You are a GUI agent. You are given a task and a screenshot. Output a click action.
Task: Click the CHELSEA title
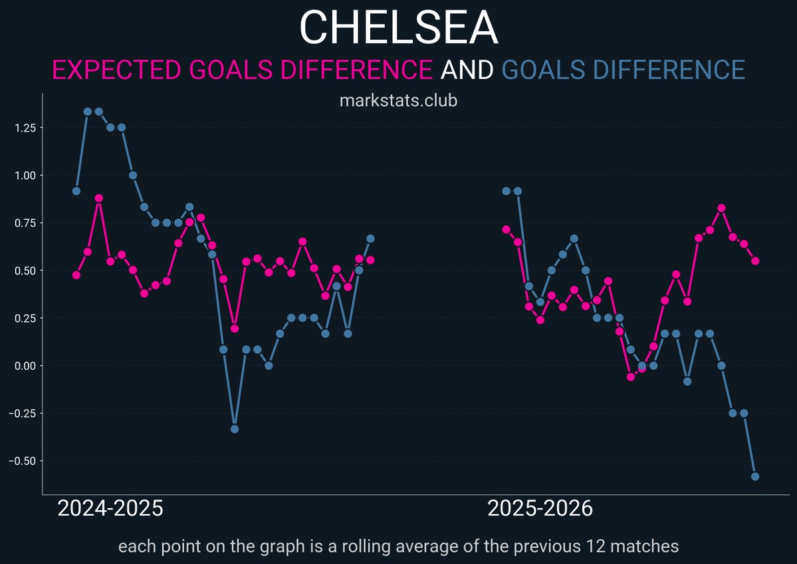coord(398,28)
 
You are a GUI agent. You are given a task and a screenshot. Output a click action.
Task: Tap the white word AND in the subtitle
coord(467,69)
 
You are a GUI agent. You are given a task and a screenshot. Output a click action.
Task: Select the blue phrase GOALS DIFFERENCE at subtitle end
coord(623,69)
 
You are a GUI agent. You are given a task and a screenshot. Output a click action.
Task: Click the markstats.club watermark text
coord(398,102)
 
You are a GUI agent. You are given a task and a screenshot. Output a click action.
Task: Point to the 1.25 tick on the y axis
coord(24,128)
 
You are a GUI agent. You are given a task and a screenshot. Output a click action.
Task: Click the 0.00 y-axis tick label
coord(24,366)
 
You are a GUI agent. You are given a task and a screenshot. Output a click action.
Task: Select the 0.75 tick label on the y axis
coord(24,223)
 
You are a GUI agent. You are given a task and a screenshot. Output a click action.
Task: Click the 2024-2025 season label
coord(110,509)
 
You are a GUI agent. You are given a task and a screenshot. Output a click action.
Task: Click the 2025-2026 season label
coord(540,509)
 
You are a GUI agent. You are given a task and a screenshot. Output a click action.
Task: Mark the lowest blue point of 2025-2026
coord(755,476)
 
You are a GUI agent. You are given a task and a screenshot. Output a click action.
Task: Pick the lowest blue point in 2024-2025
coord(235,429)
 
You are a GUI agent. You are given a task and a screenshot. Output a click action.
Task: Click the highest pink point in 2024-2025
coord(99,198)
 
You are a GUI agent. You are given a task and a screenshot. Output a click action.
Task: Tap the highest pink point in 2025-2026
coord(721,208)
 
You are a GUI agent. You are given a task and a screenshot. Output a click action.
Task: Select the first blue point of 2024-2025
coord(76,191)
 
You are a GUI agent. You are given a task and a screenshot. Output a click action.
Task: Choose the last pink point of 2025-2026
coord(755,261)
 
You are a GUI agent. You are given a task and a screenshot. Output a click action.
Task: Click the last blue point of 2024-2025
coord(370,239)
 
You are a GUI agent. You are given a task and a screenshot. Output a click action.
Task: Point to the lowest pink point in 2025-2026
coord(631,377)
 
